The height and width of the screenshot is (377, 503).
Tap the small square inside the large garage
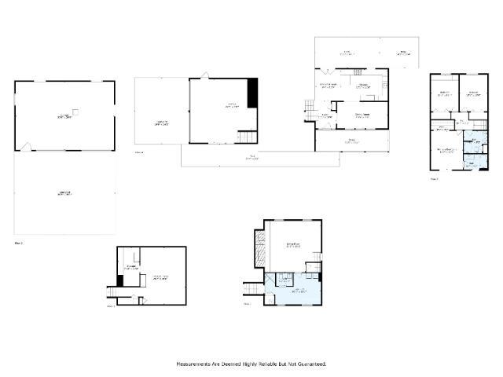point(75,111)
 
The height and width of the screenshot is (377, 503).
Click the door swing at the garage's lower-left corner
point(26,147)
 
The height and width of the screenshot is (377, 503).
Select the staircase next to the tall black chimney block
point(248,137)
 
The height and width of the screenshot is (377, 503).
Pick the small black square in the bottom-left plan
point(120,280)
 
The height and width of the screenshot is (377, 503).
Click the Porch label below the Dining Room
point(351,142)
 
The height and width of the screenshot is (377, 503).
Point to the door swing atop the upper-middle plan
point(205,75)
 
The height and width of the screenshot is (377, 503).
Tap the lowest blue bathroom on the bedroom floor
point(472,163)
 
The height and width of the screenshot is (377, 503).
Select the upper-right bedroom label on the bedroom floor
point(473,93)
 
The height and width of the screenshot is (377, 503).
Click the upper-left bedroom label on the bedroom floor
point(444,93)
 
